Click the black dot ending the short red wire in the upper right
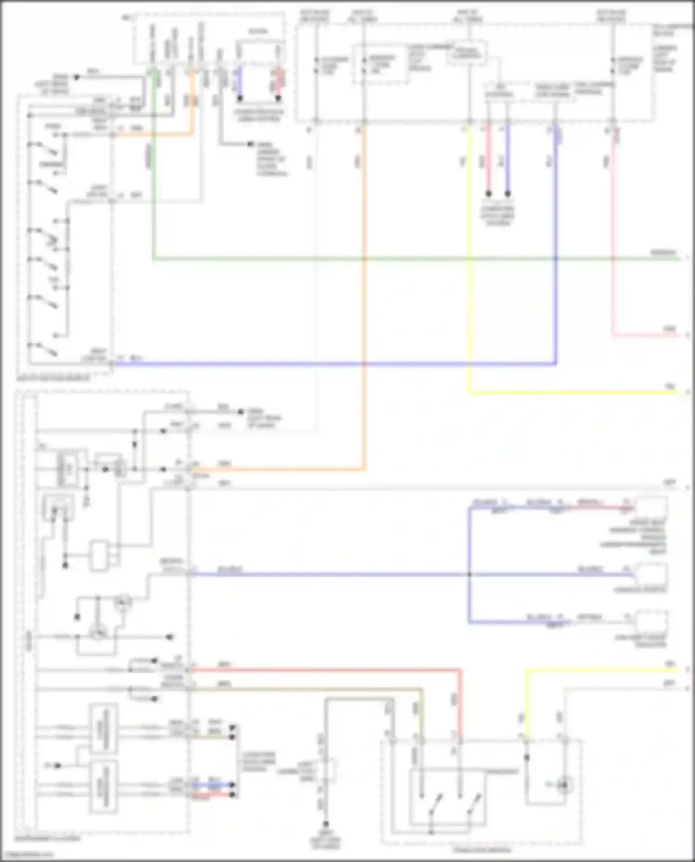488,194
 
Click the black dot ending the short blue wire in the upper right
508,194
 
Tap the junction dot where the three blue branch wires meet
469,574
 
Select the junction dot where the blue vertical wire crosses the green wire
556,258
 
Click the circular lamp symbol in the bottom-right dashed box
564,785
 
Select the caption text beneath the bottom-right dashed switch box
482,849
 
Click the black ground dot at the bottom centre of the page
326,824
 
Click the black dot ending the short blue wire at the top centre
240,98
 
